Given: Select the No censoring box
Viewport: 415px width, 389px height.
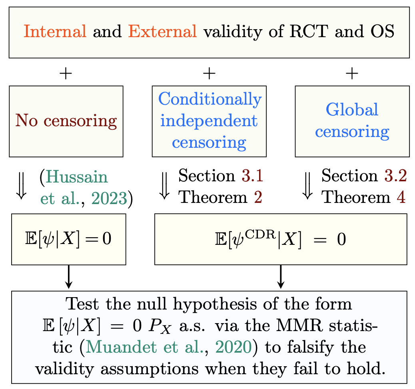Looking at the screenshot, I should pos(66,121).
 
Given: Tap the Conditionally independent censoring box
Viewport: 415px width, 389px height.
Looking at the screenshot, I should pos(209,121).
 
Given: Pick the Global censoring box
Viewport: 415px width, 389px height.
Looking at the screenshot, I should pos(352,121).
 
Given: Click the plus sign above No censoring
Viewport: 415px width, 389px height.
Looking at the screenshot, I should pos(66,73).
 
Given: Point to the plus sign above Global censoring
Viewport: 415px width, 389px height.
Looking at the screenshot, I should pos(352,73).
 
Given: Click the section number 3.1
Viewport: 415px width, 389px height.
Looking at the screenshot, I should pos(251,176).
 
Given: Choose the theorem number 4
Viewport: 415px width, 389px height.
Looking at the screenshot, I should pos(401,197).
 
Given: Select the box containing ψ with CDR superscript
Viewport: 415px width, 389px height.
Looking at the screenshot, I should pos(281,239).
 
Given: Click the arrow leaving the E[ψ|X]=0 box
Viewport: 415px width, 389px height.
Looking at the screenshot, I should pos(69,276).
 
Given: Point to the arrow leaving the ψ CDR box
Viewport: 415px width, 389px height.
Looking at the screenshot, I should pos(281,276).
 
